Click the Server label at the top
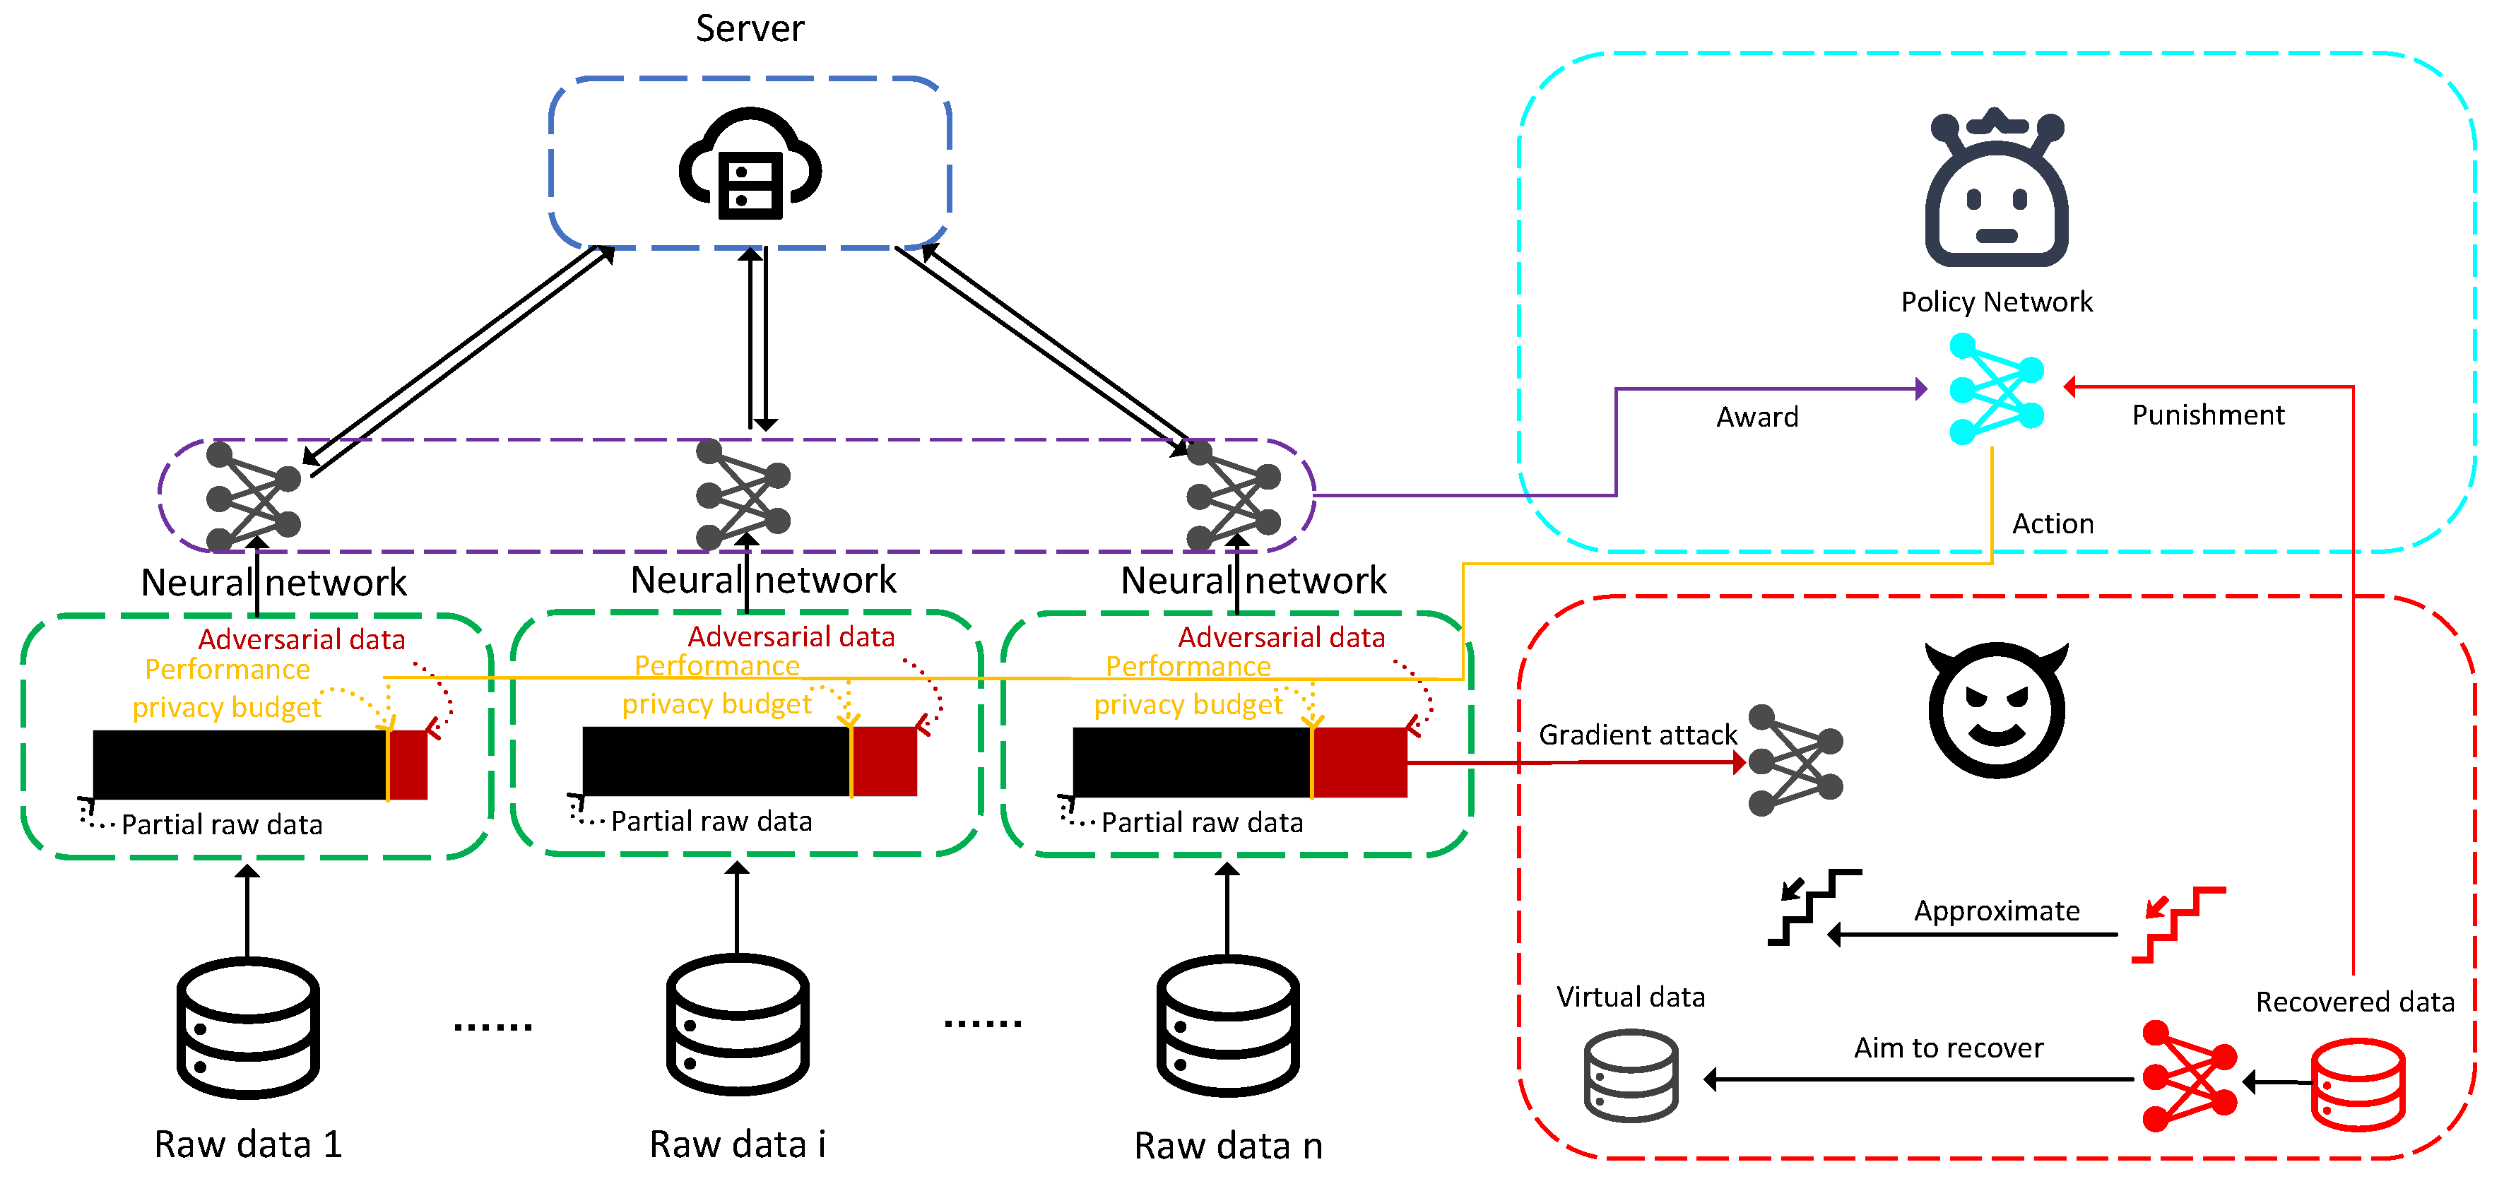click(750, 28)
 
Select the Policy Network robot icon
click(1997, 186)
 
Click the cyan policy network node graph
click(1997, 389)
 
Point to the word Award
click(1757, 417)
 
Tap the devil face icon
click(1997, 710)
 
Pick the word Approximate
click(1997, 911)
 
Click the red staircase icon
click(2178, 925)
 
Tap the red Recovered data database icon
click(2358, 1084)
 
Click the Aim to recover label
click(1948, 1048)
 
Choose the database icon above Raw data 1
click(248, 1028)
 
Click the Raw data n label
click(1228, 1146)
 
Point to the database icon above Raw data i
click(738, 1025)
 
